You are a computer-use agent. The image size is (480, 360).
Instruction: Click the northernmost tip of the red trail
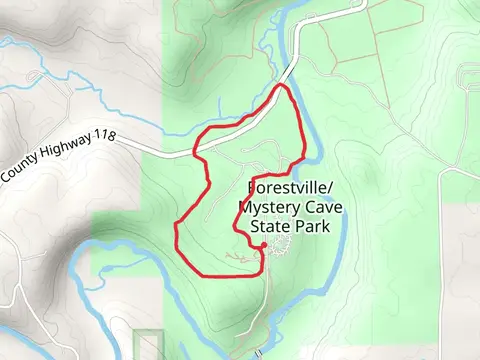point(283,87)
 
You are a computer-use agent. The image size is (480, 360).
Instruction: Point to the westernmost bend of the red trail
point(176,232)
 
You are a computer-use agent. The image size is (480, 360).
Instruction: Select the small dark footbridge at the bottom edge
point(258,353)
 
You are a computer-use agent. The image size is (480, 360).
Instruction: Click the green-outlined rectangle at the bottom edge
point(147,345)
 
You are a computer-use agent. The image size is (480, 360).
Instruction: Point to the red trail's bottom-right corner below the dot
point(262,270)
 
